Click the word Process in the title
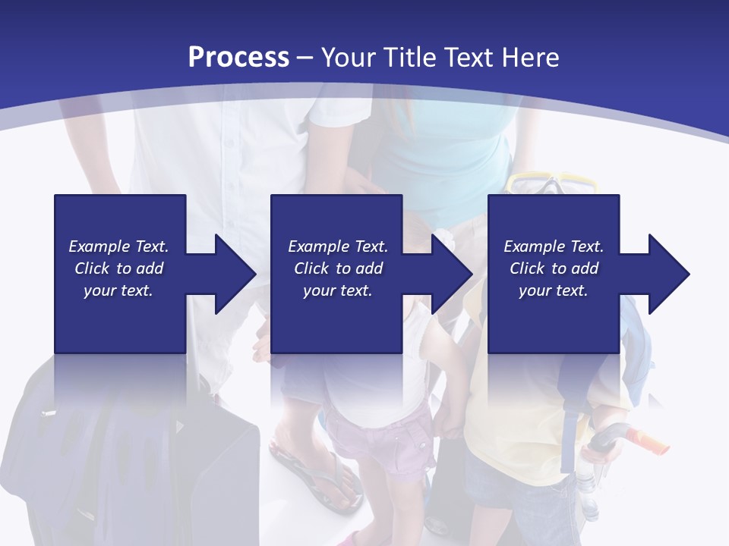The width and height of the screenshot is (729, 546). pyautogui.click(x=238, y=58)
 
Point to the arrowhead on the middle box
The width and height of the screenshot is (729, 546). pyautogui.click(x=450, y=274)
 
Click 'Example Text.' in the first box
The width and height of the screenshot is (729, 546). pyautogui.click(x=118, y=246)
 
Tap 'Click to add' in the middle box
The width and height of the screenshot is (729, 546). pyautogui.click(x=338, y=268)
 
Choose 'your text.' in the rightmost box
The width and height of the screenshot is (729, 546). pyautogui.click(x=554, y=290)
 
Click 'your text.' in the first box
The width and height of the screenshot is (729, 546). pyautogui.click(x=118, y=290)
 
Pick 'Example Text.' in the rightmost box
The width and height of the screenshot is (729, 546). pyautogui.click(x=554, y=246)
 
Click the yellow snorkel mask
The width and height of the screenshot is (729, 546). pyautogui.click(x=552, y=184)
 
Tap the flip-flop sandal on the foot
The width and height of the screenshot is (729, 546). pyautogui.click(x=319, y=478)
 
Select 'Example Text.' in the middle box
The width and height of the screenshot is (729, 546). pyautogui.click(x=338, y=246)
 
